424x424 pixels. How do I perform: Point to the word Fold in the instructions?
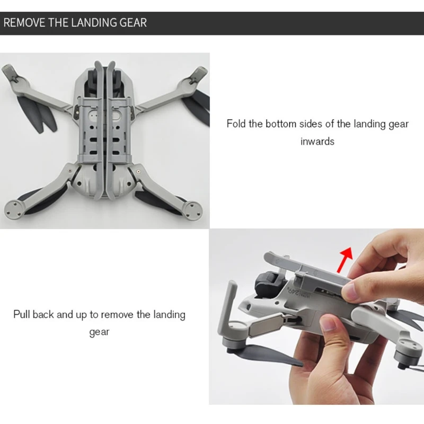[236, 124]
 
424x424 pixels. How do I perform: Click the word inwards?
[317, 142]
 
